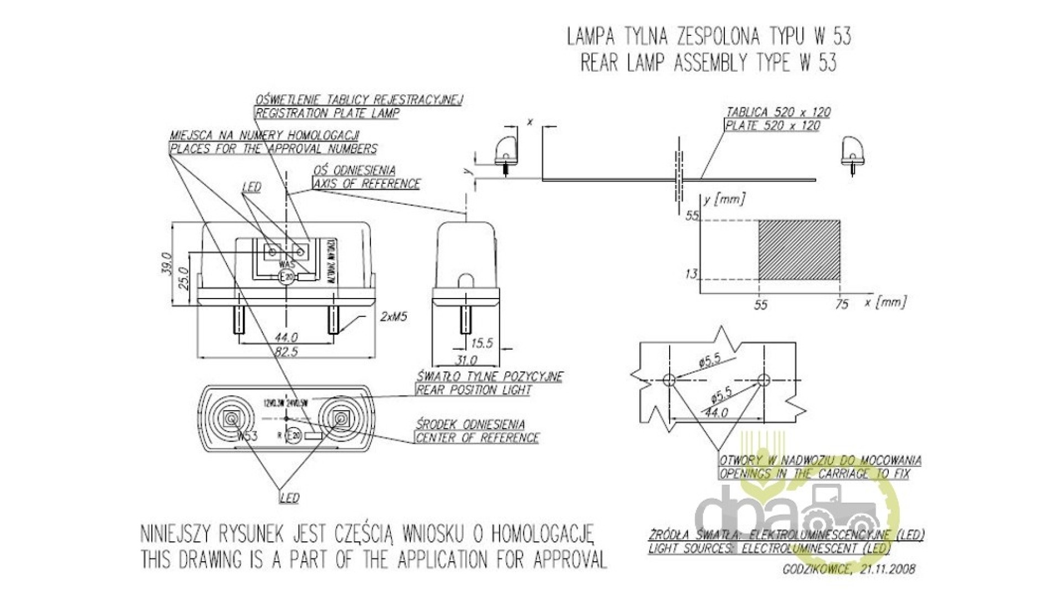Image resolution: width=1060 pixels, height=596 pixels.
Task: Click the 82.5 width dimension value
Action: click(286, 352)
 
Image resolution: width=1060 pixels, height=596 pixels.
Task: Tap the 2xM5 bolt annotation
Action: click(393, 317)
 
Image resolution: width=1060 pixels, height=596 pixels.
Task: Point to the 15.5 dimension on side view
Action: click(481, 343)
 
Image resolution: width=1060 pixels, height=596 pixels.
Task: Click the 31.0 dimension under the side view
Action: click(466, 360)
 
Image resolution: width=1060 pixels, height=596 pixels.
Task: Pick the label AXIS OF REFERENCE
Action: click(367, 184)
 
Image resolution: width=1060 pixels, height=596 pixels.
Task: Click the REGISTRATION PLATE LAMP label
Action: click(327, 113)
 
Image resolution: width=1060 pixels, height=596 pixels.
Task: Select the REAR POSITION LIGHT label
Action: click(474, 390)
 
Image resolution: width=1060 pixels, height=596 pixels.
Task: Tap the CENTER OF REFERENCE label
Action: click(477, 438)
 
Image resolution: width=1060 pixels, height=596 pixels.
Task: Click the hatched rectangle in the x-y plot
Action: click(799, 250)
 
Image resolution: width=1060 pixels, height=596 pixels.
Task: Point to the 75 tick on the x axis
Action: click(841, 304)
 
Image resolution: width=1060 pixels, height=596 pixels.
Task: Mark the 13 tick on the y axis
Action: click(691, 274)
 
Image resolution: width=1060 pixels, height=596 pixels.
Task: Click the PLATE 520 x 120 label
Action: click(772, 126)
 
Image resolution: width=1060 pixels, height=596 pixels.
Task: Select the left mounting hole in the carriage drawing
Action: click(669, 380)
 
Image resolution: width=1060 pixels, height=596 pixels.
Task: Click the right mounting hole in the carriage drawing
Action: click(764, 380)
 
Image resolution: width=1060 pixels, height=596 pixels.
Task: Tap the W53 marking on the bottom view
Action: click(247, 436)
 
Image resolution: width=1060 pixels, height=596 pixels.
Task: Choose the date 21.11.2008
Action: click(887, 569)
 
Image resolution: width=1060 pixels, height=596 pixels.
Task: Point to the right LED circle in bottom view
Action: click(341, 420)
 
